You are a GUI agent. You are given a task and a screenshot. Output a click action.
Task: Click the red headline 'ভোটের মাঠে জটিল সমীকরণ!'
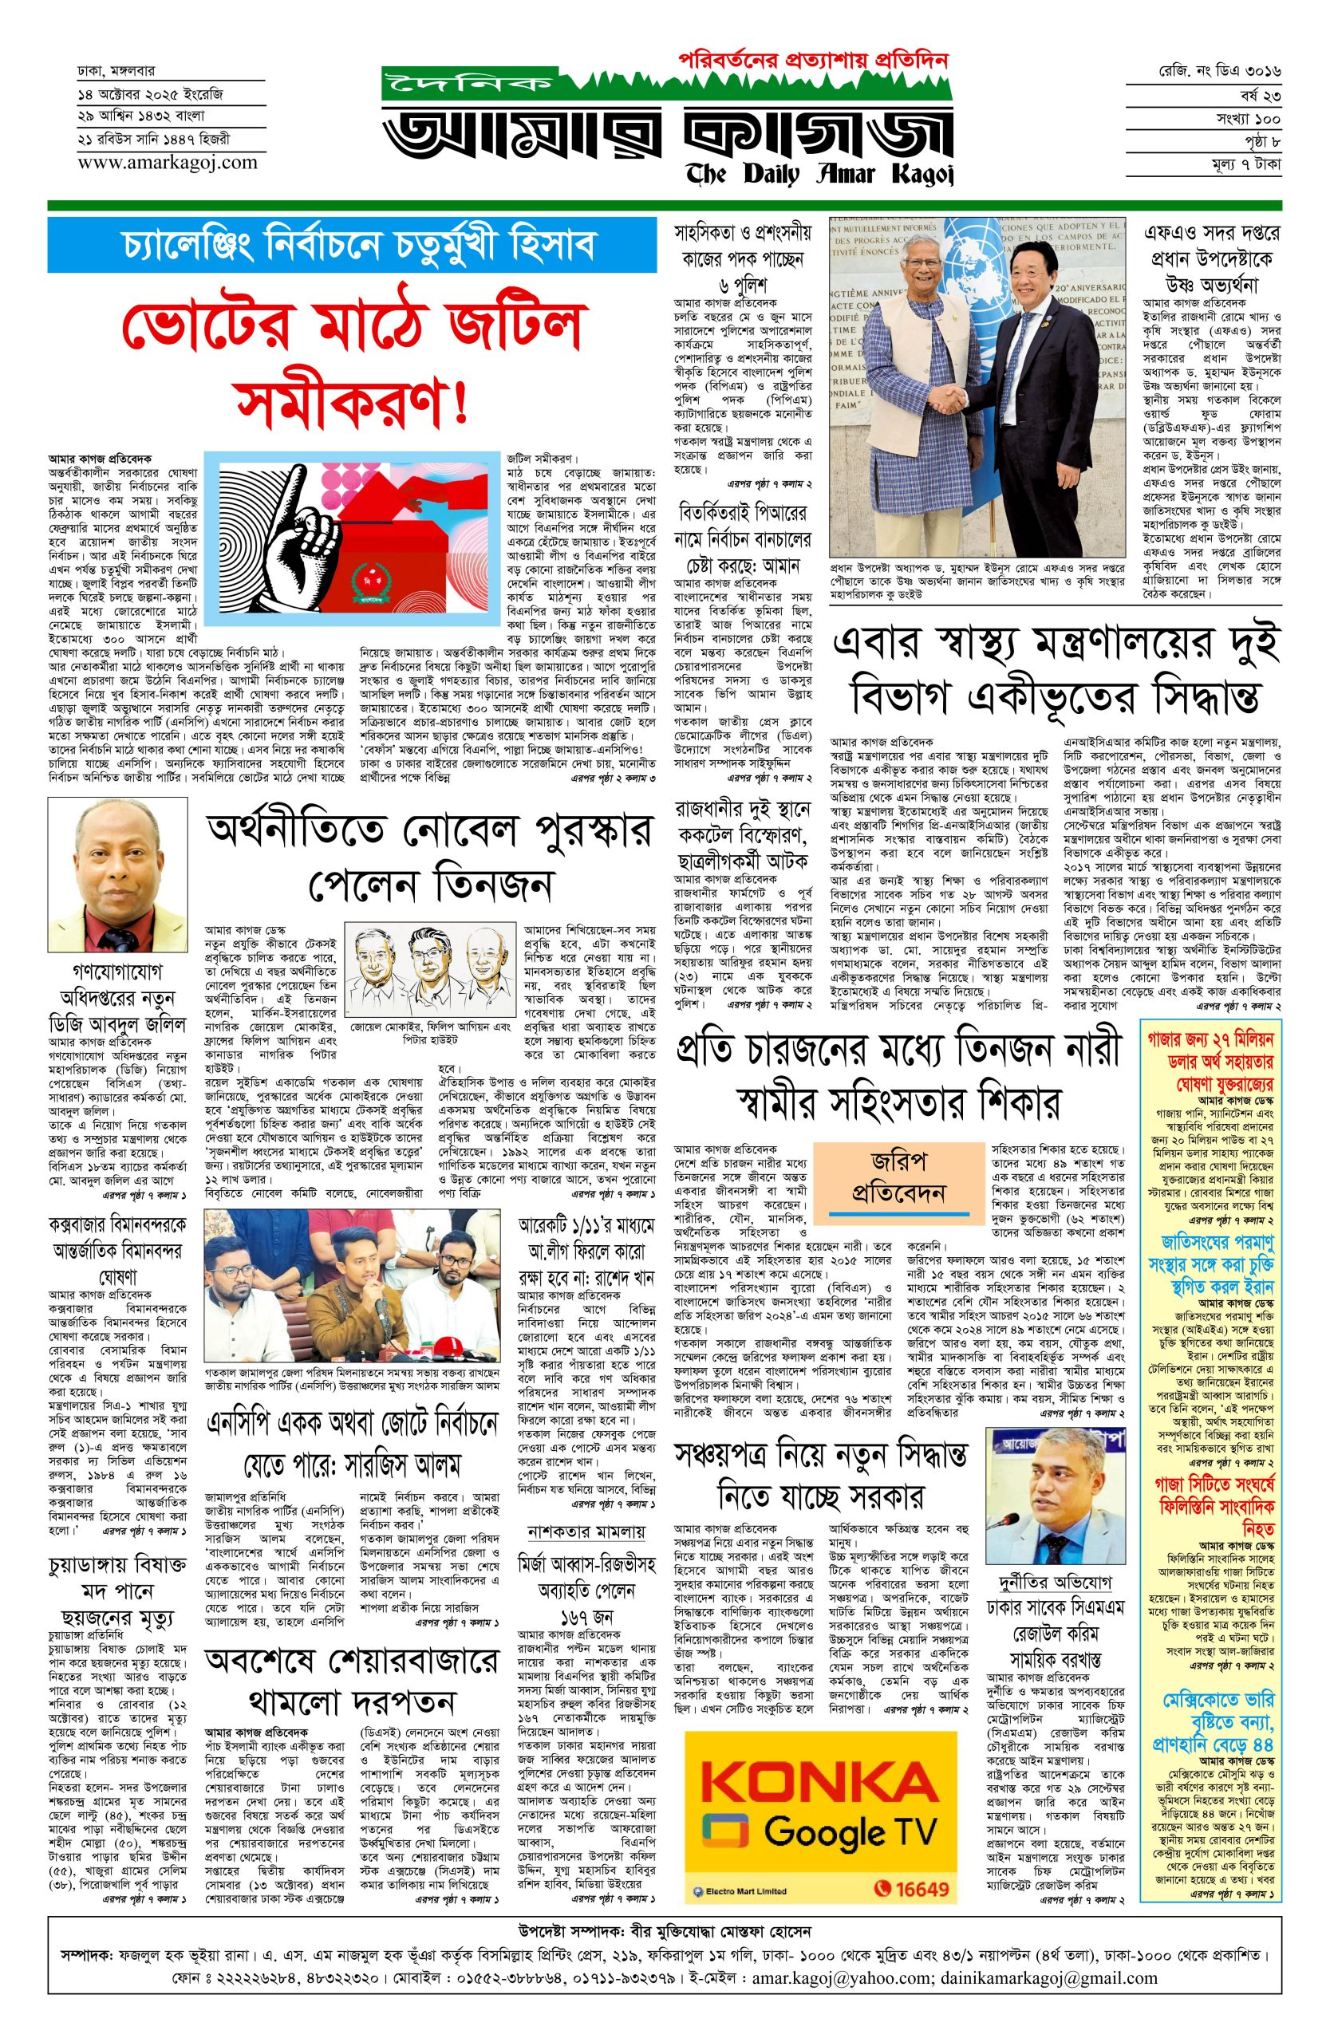point(352,361)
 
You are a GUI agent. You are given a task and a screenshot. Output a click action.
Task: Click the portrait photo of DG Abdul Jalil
point(117,875)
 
